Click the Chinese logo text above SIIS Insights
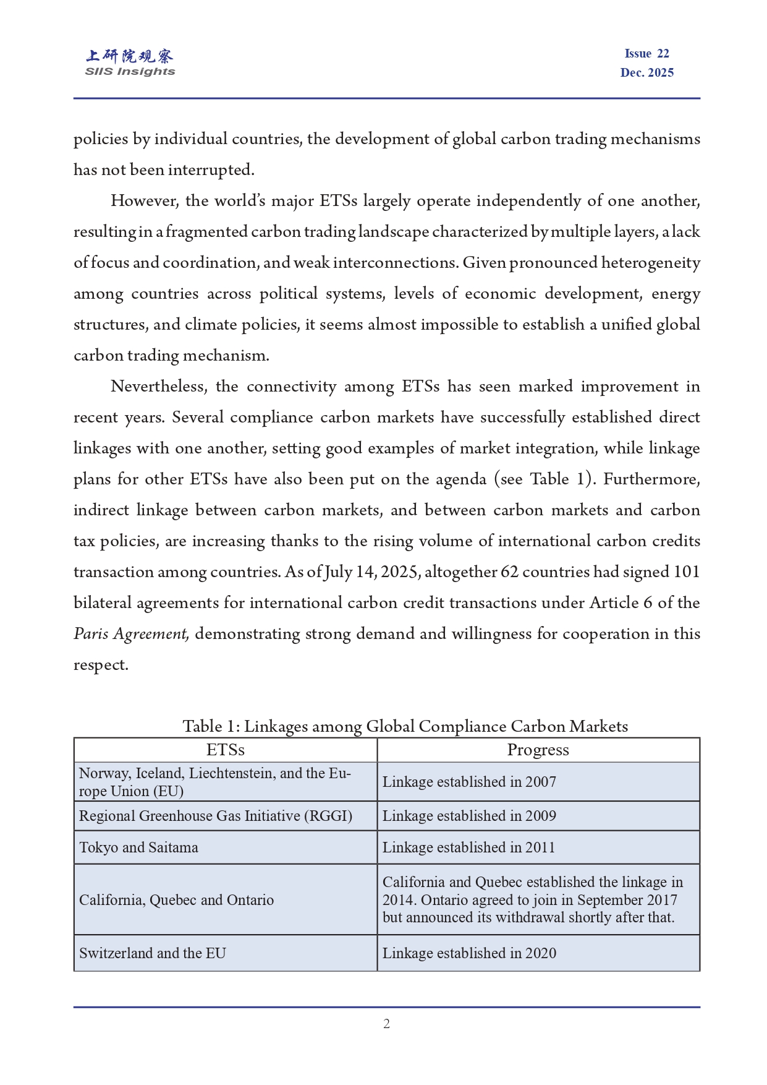[x=130, y=56]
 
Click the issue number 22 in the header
[x=663, y=54]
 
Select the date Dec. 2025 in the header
[x=646, y=72]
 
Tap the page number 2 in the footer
[x=386, y=1024]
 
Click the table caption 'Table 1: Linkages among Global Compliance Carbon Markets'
[x=405, y=726]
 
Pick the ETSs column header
[x=225, y=750]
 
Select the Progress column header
[x=538, y=750]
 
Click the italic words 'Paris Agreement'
[x=131, y=634]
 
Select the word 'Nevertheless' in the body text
[x=161, y=387]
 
